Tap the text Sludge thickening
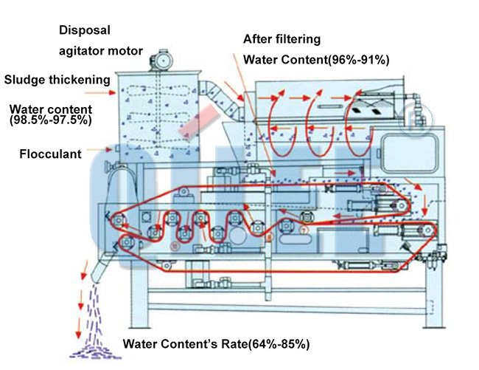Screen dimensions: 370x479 coord(57,79)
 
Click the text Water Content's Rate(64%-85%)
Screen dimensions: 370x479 coord(216,343)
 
